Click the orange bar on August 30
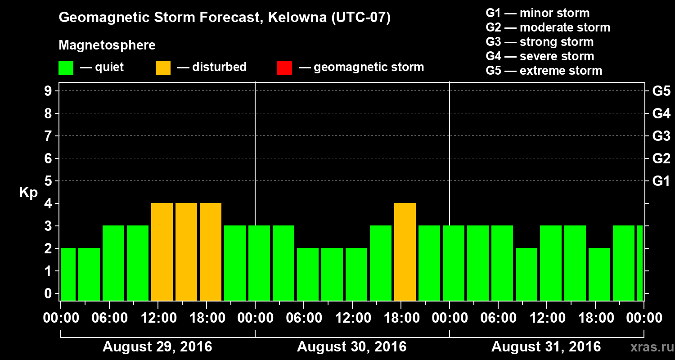[x=405, y=252]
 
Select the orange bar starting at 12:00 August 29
[x=162, y=252]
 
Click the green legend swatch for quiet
[x=66, y=67]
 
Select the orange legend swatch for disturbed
[x=163, y=67]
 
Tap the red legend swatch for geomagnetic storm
[x=285, y=67]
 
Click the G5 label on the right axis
[x=661, y=91]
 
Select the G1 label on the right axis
[x=661, y=181]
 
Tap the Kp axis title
[x=28, y=193]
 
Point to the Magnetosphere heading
[x=107, y=45]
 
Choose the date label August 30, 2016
[x=351, y=347]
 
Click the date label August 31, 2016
[x=546, y=347]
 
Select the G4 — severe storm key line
[x=540, y=56]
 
